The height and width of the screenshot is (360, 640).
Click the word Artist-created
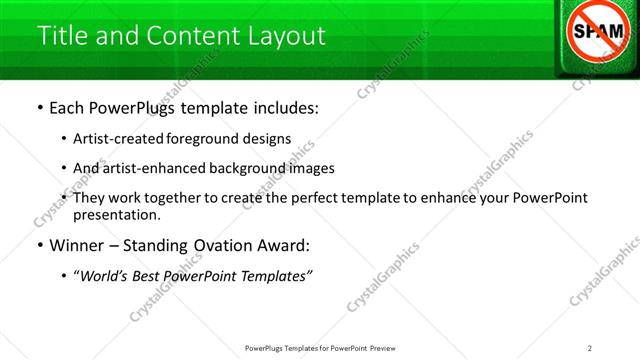[115, 138]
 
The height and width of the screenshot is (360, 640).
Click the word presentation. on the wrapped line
[117, 215]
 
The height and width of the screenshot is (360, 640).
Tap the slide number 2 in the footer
[590, 348]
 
